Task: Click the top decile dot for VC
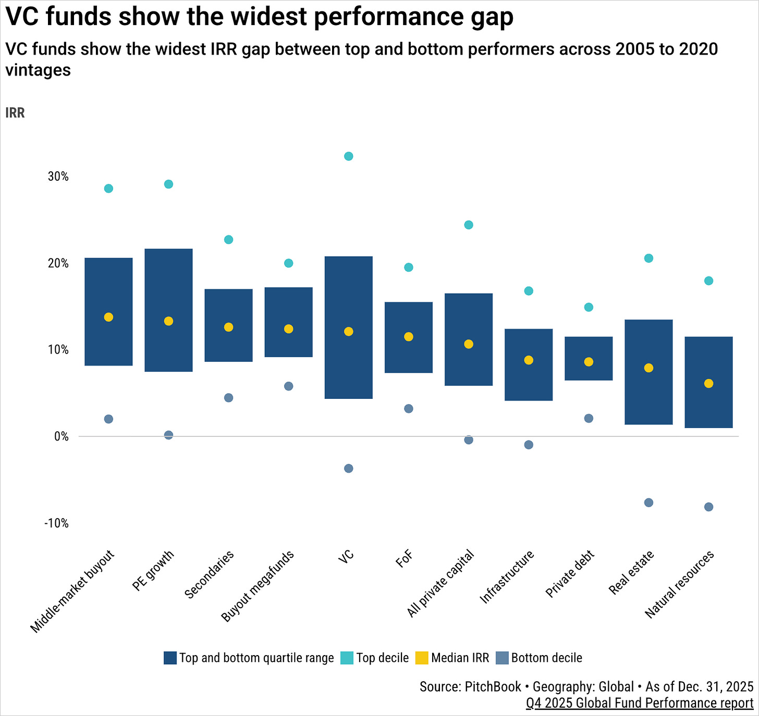pyautogui.click(x=349, y=156)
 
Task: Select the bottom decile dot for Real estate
pyautogui.click(x=648, y=503)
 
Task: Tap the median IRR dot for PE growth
pyautogui.click(x=168, y=321)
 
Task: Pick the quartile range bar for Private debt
pyautogui.click(x=589, y=358)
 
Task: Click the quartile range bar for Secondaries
pyautogui.click(x=228, y=325)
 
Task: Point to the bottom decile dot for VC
pyautogui.click(x=349, y=468)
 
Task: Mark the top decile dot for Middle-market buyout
pyautogui.click(x=108, y=189)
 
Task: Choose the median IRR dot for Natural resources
pyautogui.click(x=708, y=383)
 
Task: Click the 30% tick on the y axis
pyautogui.click(x=58, y=177)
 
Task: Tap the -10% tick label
pyautogui.click(x=57, y=523)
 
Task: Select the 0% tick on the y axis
pyautogui.click(x=62, y=436)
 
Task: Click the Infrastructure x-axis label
pyautogui.click(x=507, y=577)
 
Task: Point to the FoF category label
pyautogui.click(x=405, y=559)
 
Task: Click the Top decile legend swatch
pyautogui.click(x=347, y=658)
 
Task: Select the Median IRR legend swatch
pyautogui.click(x=422, y=658)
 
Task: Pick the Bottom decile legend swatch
pyautogui.click(x=502, y=658)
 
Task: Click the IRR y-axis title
pyautogui.click(x=15, y=113)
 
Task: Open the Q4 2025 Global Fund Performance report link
pyautogui.click(x=640, y=703)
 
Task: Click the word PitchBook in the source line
pyautogui.click(x=493, y=687)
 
